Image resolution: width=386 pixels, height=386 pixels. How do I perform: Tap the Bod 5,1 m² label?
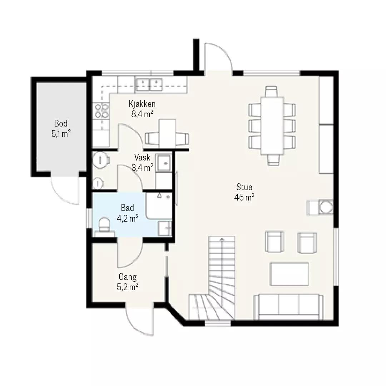(61, 128)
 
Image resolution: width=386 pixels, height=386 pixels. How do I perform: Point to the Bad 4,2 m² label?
(128, 213)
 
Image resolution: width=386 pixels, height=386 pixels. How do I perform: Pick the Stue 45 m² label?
(244, 192)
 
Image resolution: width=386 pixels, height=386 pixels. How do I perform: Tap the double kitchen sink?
(149, 84)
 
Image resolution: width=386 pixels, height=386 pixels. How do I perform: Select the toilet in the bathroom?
(104, 224)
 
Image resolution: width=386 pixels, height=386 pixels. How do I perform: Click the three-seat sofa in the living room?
(288, 307)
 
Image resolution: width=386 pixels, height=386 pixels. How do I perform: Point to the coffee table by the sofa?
(289, 274)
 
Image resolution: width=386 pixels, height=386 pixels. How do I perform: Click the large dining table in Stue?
(272, 125)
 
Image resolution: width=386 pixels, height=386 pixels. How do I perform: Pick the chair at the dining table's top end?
(272, 91)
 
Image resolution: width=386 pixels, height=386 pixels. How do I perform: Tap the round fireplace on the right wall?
(325, 207)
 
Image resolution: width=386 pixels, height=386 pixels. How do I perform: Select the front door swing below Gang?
(139, 322)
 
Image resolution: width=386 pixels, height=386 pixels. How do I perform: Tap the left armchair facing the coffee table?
(274, 242)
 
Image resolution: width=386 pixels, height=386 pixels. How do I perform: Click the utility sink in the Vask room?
(164, 163)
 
